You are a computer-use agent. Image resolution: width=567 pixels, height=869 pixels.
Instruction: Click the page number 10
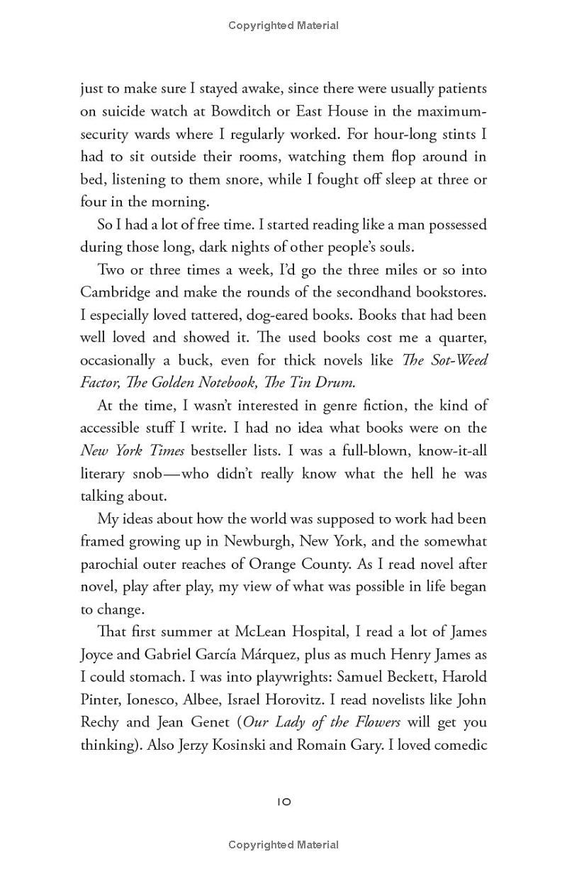(x=283, y=802)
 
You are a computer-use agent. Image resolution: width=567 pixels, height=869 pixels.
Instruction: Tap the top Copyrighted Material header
(x=283, y=26)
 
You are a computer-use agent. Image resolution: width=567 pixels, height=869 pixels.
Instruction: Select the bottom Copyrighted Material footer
(x=283, y=845)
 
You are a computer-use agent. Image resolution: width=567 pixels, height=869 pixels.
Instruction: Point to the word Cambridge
(x=116, y=292)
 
